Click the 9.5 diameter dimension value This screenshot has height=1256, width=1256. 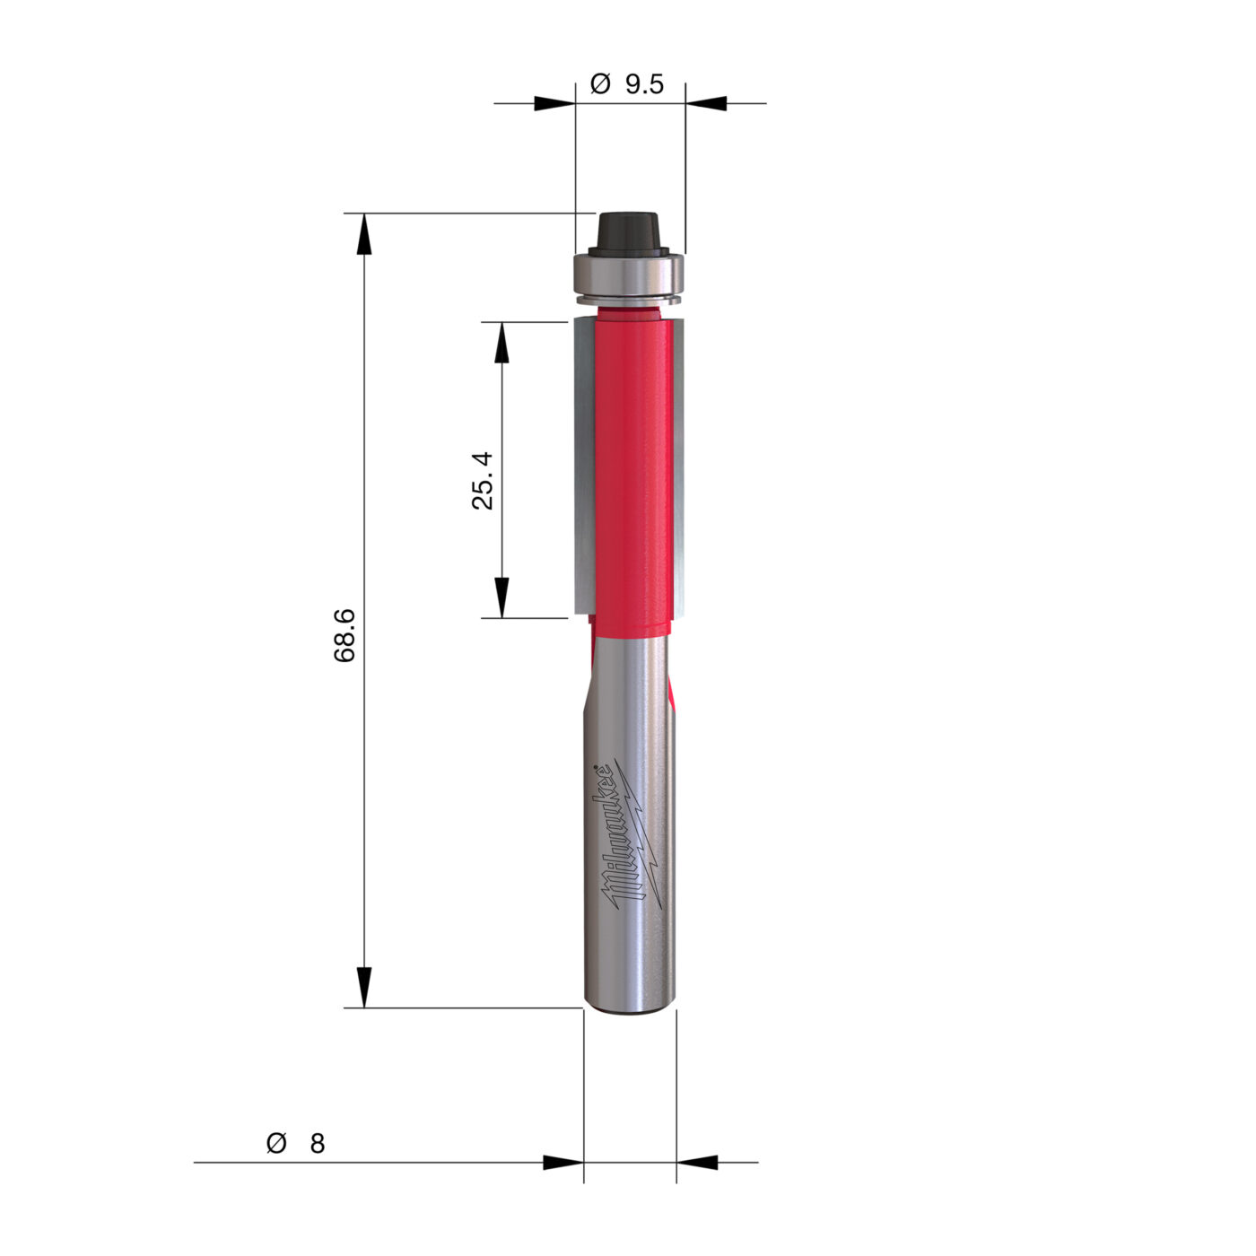(644, 84)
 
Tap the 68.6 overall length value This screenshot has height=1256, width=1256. (345, 635)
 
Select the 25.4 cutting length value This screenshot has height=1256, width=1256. (483, 481)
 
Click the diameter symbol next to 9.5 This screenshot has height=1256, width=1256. (600, 84)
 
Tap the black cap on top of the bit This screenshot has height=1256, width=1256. (628, 232)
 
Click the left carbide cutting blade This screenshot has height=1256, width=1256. (585, 465)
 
